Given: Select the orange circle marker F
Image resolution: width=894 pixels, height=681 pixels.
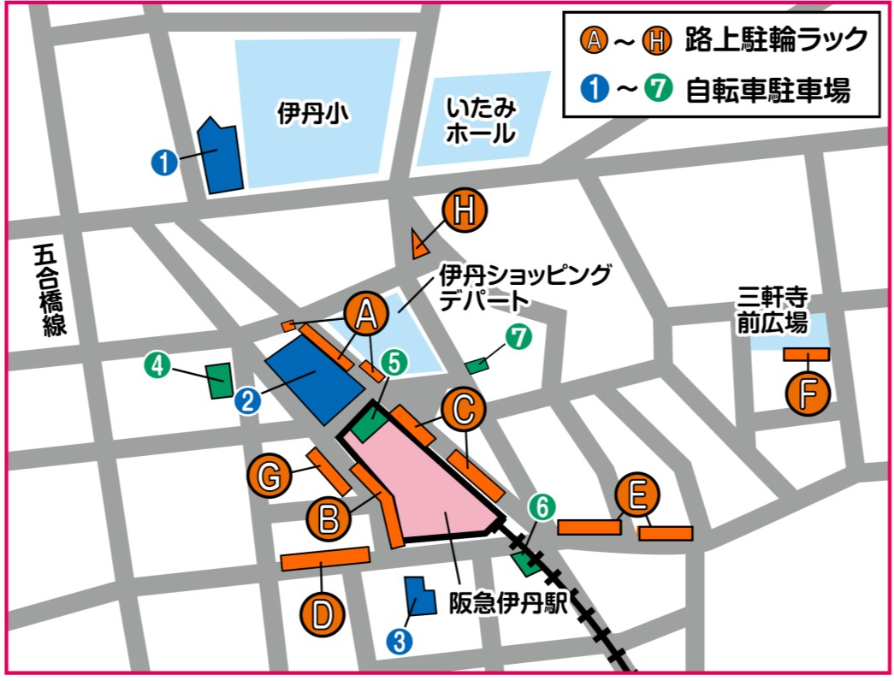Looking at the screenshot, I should click(x=808, y=393).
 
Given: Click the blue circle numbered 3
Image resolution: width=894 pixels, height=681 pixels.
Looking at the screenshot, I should click(x=399, y=641).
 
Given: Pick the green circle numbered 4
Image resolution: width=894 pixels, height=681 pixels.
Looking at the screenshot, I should click(x=157, y=366).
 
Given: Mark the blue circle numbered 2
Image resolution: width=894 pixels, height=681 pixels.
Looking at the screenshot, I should click(x=247, y=400).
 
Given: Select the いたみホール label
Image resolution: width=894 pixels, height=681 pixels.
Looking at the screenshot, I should click(x=481, y=121).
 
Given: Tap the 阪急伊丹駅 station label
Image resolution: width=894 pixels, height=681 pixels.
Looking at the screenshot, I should click(x=508, y=603).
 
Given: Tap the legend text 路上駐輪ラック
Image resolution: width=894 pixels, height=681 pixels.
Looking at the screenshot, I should click(x=776, y=39).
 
